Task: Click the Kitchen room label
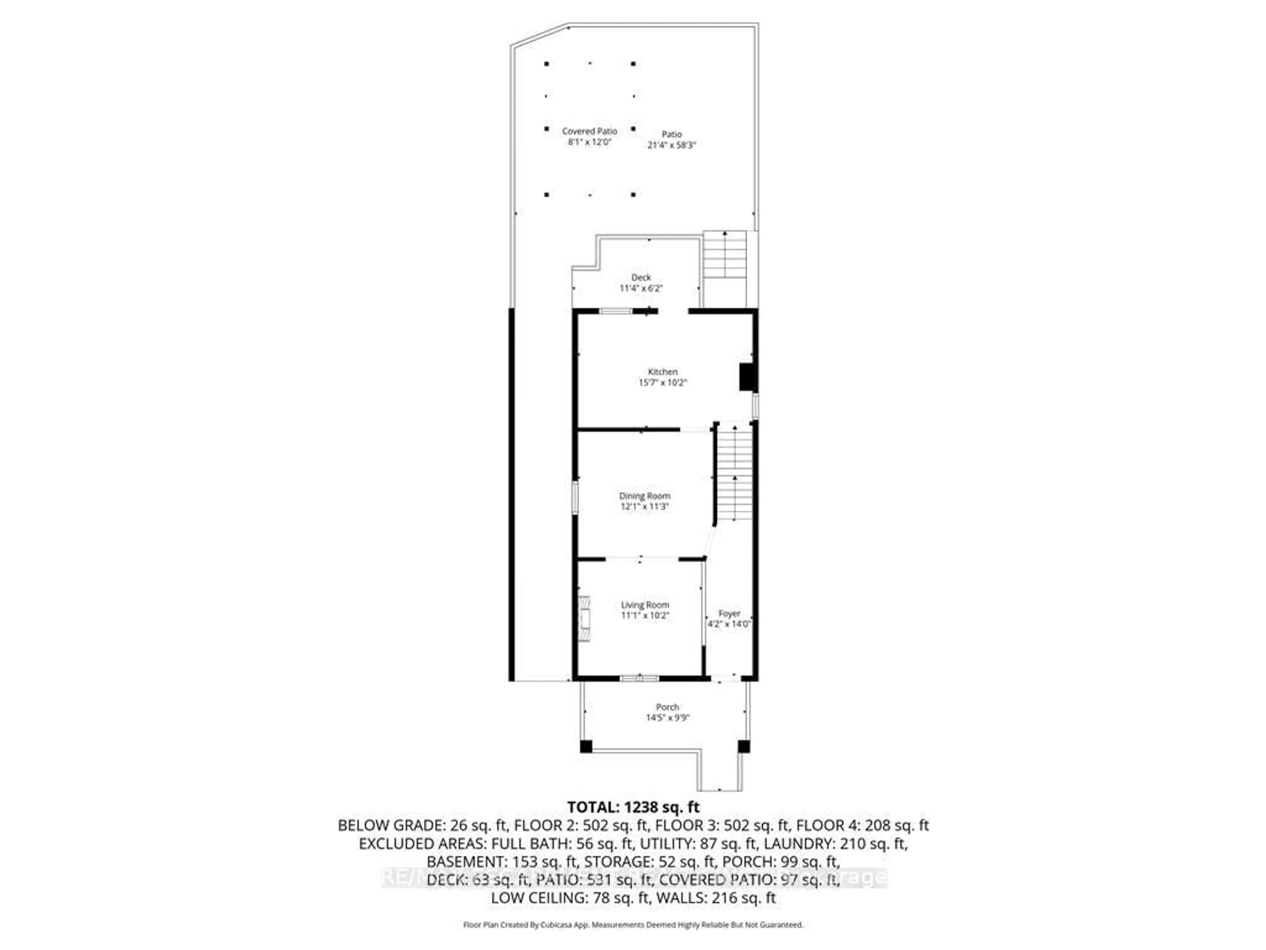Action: coord(662,372)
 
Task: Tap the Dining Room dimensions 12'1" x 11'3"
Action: coord(645,507)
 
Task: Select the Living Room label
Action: coord(645,605)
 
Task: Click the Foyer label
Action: coord(729,613)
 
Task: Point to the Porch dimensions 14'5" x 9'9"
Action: coord(667,717)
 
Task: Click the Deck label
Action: coord(641,277)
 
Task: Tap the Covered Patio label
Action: coord(589,131)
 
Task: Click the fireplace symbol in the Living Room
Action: coord(584,618)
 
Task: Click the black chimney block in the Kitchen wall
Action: coord(746,377)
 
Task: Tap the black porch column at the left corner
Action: coord(586,747)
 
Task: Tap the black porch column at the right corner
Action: coord(743,747)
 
